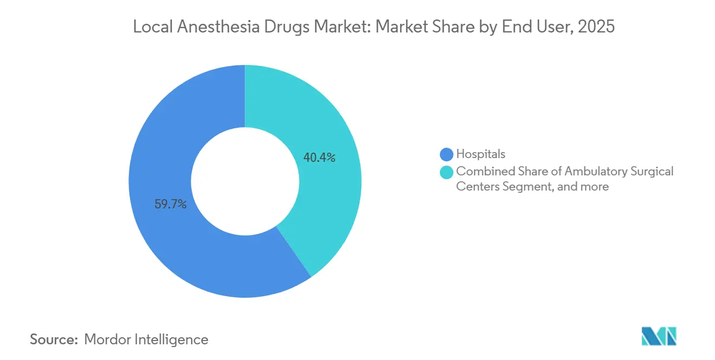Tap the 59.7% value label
tap(171, 205)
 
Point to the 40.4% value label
tap(320, 158)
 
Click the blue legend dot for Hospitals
tap(446, 154)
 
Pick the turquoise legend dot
tap(446, 172)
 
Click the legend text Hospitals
tap(480, 154)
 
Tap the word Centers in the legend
tap(475, 187)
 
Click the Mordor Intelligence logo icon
tap(659, 336)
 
